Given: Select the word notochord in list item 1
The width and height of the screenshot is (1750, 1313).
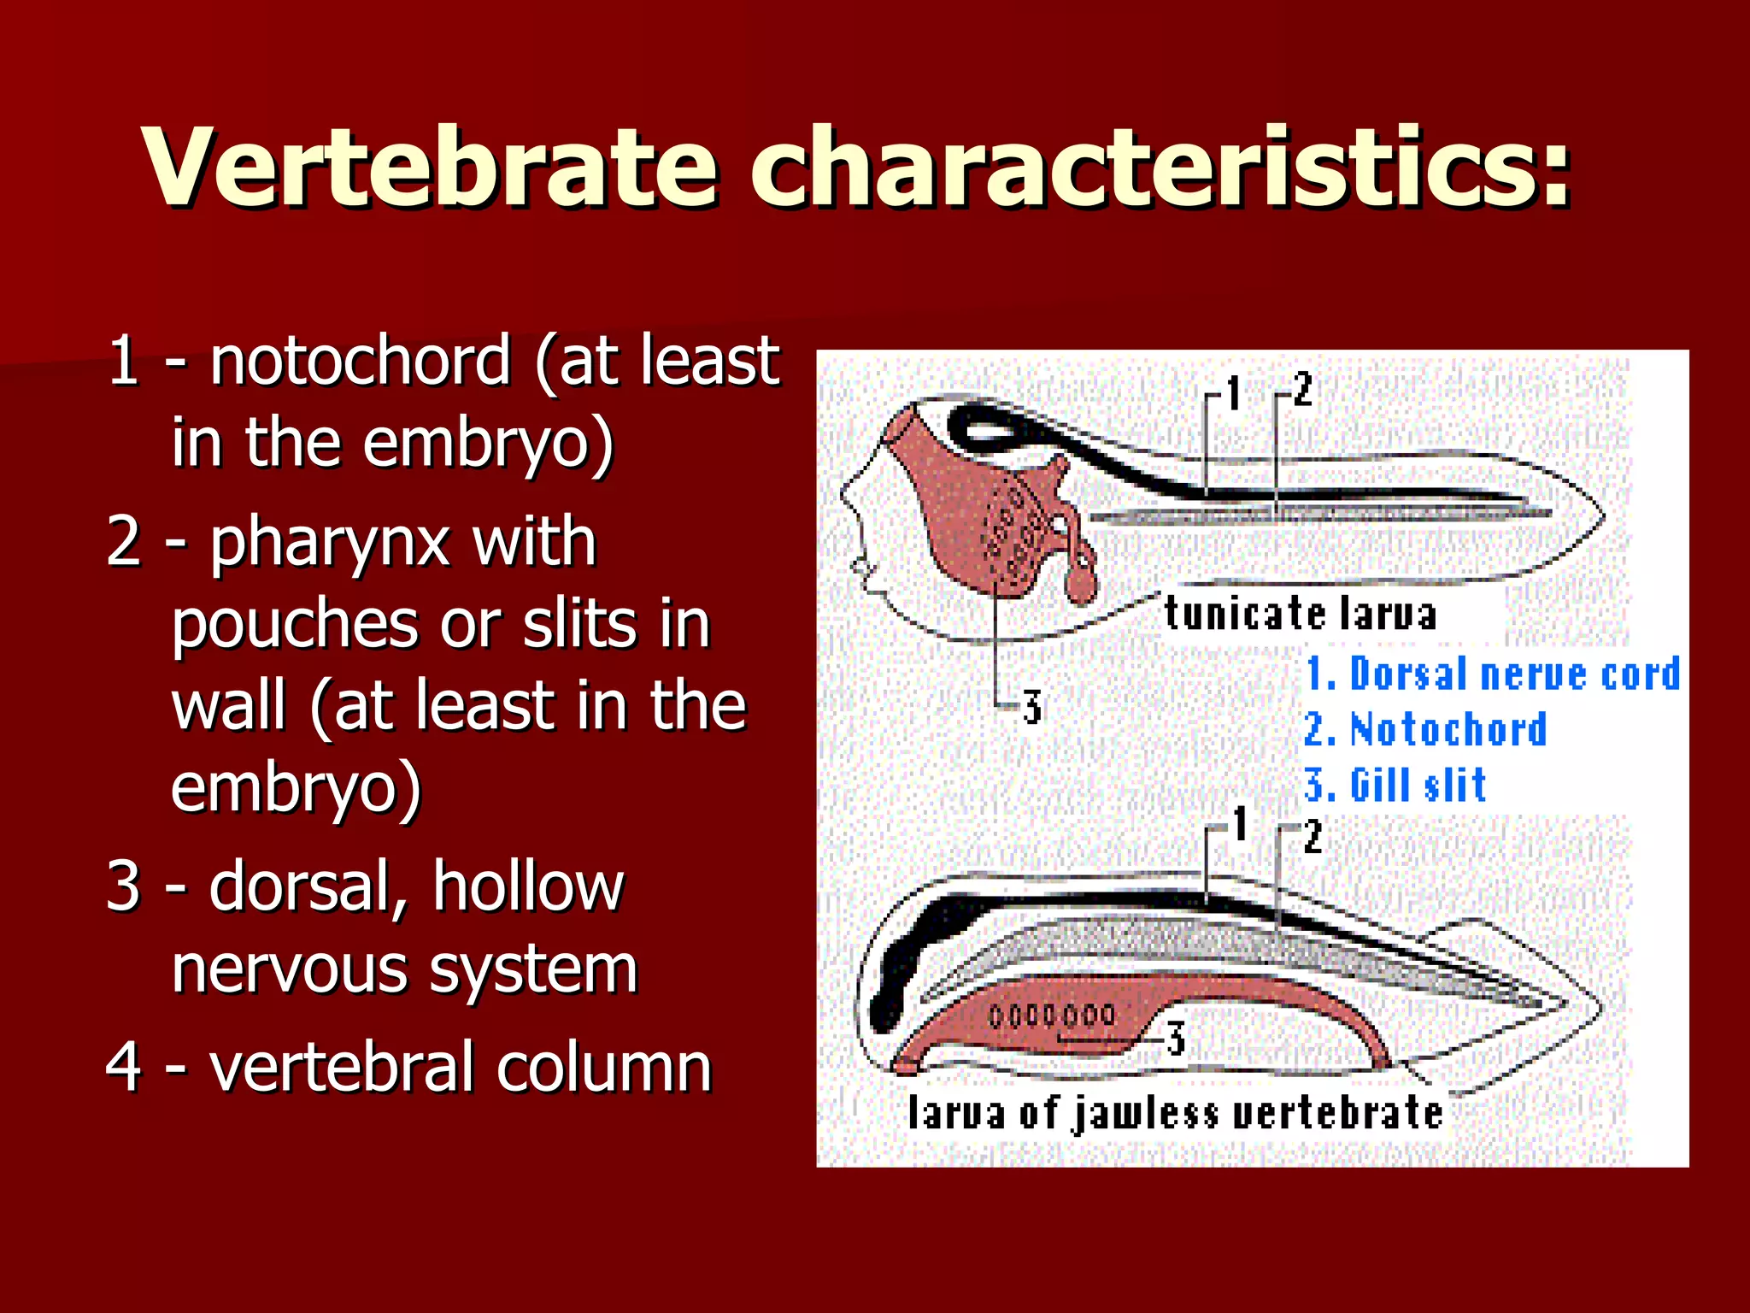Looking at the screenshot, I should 361,361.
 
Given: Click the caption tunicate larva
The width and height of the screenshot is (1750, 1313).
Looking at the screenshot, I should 1300,614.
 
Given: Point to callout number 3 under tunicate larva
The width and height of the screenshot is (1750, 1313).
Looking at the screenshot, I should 1032,708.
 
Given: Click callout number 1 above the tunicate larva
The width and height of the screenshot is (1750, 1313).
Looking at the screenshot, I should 1233,393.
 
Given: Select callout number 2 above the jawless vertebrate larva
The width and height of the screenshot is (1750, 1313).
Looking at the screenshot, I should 1313,836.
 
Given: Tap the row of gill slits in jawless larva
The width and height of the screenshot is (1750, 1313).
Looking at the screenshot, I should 1052,1016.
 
